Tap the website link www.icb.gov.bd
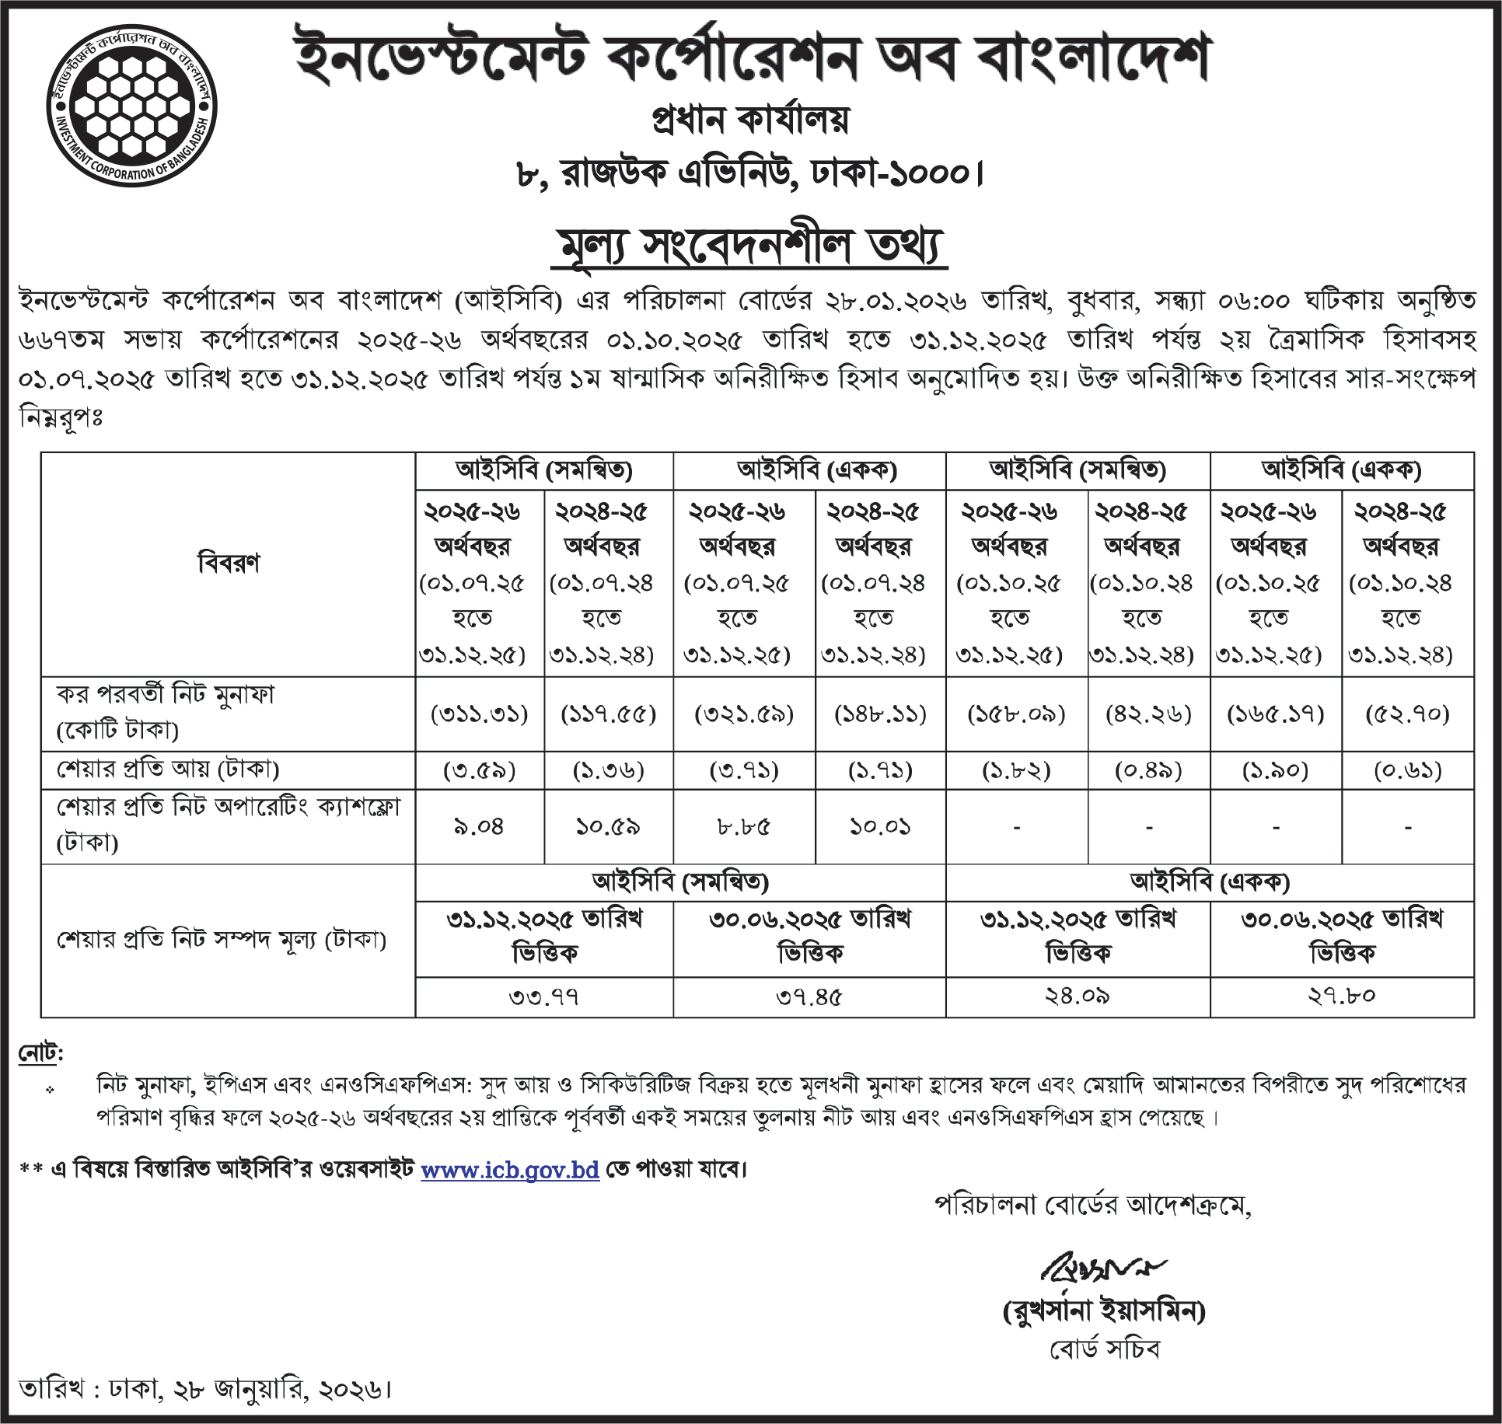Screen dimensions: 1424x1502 pos(510,1169)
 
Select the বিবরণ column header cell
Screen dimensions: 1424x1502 pos(229,564)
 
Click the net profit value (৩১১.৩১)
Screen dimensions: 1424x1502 pos(480,714)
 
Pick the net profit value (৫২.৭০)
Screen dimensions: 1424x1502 pos(1407,714)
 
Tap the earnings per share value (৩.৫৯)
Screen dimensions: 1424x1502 pos(480,770)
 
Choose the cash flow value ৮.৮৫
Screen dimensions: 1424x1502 pos(736,826)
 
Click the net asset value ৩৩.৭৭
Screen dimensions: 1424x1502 pos(545,996)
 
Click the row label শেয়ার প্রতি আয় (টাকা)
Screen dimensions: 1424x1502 pos(168,769)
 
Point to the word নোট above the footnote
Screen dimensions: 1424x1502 pos(40,1054)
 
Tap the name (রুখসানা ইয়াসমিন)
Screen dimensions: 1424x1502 pos(1103,1313)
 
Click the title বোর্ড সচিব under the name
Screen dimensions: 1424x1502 pos(1103,1350)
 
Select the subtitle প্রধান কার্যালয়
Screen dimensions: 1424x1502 pos(750,119)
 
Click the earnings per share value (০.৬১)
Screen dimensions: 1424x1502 pos(1407,770)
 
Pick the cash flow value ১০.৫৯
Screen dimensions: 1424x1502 pos(608,826)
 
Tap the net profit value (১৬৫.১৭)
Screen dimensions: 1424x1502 pos(1276,714)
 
